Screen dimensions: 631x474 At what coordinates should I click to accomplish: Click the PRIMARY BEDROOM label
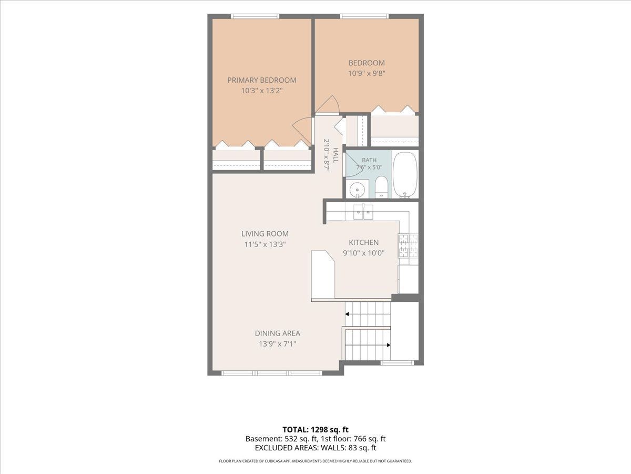(x=261, y=80)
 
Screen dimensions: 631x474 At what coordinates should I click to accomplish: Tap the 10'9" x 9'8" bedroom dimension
(x=367, y=73)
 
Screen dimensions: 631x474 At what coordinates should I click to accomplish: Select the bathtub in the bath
(x=405, y=175)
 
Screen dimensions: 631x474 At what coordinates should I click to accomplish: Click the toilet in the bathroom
(x=381, y=187)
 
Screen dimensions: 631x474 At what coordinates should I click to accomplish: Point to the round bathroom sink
(x=358, y=190)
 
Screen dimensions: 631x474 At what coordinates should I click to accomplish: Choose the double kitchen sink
(x=363, y=212)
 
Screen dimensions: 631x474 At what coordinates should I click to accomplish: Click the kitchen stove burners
(x=408, y=246)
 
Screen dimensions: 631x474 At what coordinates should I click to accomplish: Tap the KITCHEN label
(x=364, y=242)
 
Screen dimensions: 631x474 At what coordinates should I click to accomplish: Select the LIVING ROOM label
(x=265, y=234)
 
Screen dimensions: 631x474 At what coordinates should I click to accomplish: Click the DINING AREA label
(x=278, y=333)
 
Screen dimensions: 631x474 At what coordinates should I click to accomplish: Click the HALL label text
(x=335, y=155)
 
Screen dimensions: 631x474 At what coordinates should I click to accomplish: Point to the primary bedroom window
(x=255, y=16)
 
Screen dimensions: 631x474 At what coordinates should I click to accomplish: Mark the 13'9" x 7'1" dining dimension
(x=278, y=344)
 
